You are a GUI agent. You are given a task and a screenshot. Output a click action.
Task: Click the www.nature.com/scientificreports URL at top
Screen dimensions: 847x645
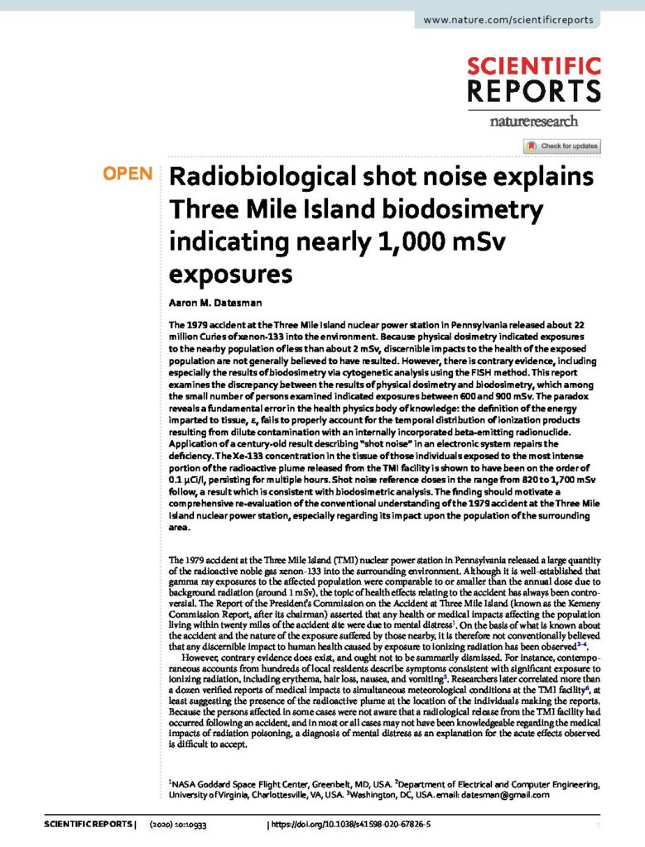pyautogui.click(x=508, y=20)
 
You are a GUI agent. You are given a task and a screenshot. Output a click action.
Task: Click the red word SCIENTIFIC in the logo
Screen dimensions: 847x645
pyautogui.click(x=533, y=66)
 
